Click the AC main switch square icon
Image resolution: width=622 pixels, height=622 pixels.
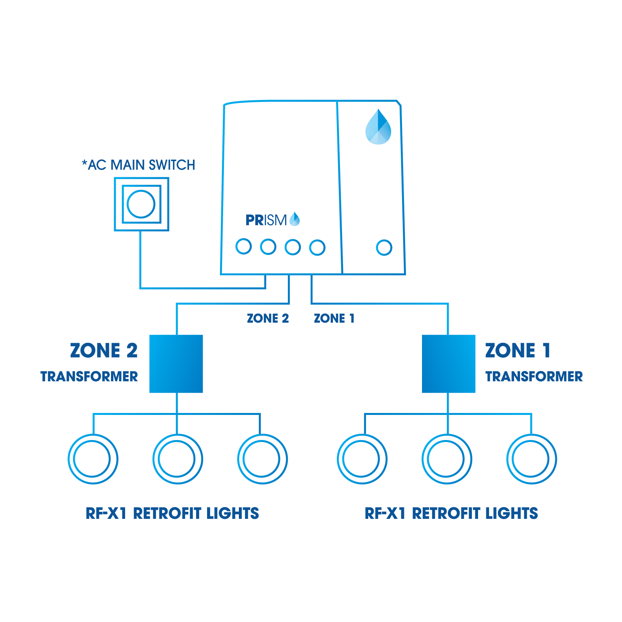(141, 204)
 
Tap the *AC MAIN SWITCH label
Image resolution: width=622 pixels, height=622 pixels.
(138, 165)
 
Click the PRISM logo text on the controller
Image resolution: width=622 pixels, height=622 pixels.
(266, 220)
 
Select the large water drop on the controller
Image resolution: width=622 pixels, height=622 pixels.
(378, 127)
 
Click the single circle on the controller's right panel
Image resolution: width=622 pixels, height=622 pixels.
(384, 247)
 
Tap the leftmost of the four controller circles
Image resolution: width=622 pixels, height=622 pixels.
(244, 247)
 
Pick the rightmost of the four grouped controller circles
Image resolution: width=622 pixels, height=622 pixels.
(317, 247)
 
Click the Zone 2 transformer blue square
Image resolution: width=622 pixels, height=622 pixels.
(176, 364)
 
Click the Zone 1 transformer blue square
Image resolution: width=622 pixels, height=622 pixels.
(448, 364)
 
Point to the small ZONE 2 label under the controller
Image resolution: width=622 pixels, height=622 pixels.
(268, 318)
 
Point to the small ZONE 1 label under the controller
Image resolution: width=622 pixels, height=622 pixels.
(334, 318)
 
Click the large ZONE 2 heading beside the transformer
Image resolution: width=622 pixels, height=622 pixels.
(104, 350)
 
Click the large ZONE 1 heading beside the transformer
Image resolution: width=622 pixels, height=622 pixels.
(518, 350)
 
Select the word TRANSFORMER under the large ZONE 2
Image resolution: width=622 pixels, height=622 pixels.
(89, 376)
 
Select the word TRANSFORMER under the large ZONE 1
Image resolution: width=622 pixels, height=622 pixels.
(534, 376)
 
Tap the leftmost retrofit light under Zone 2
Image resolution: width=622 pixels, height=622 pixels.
(93, 459)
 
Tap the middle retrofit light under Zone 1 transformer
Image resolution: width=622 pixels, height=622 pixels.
(447, 459)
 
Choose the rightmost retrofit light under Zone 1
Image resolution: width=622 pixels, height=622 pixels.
(531, 459)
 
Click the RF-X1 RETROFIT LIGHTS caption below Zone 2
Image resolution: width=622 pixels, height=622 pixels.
(172, 513)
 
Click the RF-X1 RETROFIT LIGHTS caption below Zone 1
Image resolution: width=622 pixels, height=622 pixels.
(451, 513)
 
